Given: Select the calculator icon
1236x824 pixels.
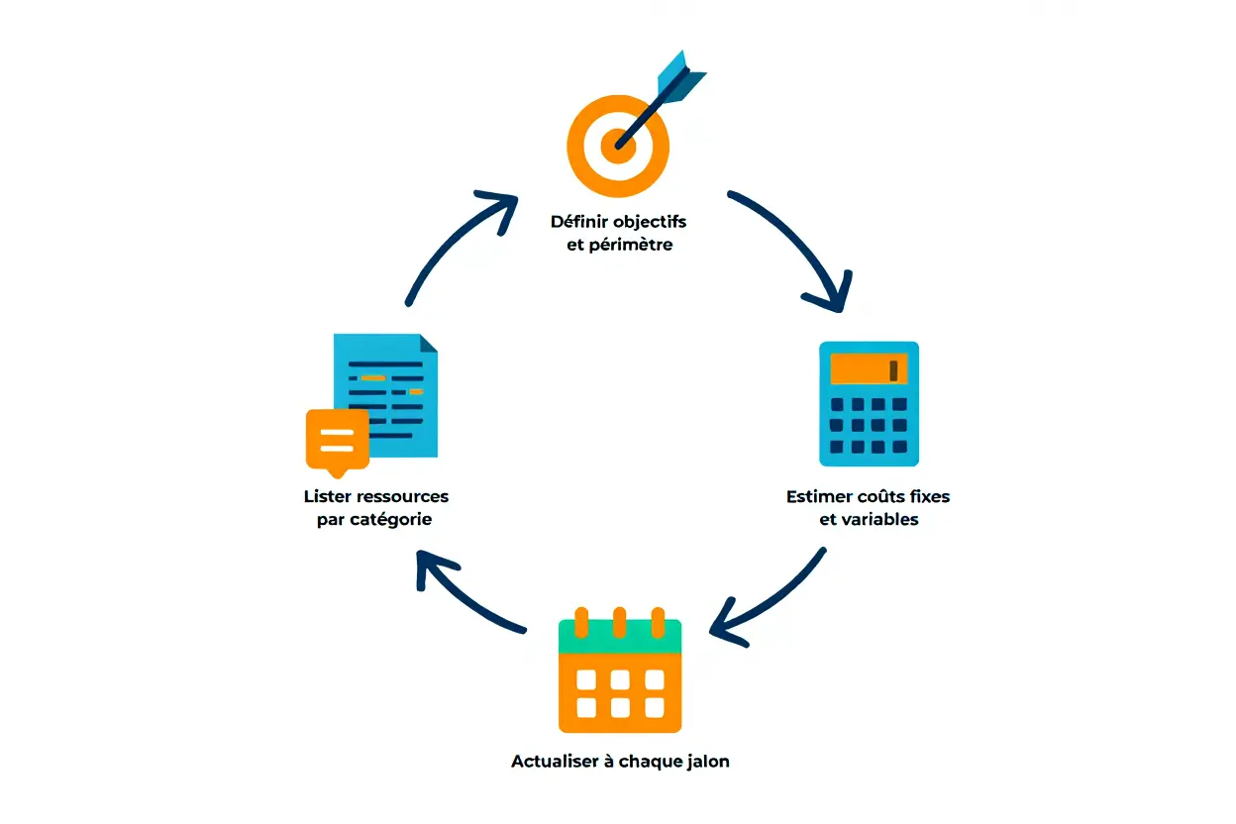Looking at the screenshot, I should (x=869, y=403).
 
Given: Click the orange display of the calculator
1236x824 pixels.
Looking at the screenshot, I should (x=869, y=369).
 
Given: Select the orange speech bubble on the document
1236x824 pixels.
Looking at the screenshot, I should (x=337, y=437).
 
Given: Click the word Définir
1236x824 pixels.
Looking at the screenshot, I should (x=579, y=221).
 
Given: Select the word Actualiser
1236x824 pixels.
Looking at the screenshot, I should (x=556, y=762).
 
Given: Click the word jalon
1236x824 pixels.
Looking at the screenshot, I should (x=707, y=762).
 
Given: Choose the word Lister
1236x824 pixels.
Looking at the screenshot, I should (x=327, y=496).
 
